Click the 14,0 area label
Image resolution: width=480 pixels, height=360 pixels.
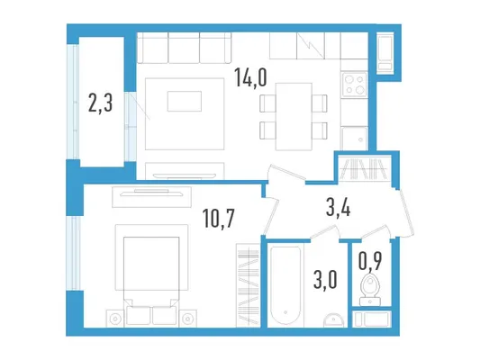click(x=250, y=77)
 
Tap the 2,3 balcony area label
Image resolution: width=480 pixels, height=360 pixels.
click(x=100, y=103)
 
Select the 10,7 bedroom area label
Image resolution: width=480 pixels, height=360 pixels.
click(x=219, y=219)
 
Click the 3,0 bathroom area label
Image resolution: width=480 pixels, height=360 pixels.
click(x=325, y=280)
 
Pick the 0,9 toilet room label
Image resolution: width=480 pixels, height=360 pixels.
click(x=370, y=262)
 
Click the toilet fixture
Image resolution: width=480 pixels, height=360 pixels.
click(x=370, y=290)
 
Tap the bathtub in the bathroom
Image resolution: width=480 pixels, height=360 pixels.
click(x=285, y=285)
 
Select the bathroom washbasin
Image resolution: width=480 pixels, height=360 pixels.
click(x=334, y=319)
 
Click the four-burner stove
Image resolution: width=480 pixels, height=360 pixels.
click(x=354, y=85)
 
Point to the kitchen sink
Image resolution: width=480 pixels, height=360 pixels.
click(x=355, y=139)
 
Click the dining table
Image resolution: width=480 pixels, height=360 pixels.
click(x=294, y=116)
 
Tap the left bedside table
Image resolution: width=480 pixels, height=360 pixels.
click(x=115, y=319)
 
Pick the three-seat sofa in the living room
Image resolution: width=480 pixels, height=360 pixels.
click(x=184, y=48)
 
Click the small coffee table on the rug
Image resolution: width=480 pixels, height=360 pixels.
click(x=185, y=101)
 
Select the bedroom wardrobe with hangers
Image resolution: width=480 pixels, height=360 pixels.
click(x=248, y=285)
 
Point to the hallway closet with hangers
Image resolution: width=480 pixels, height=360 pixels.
click(x=365, y=168)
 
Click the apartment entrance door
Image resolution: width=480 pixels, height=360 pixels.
click(x=406, y=213)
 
